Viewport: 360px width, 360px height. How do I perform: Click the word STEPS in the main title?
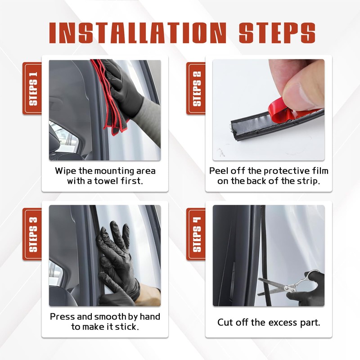click(277, 33)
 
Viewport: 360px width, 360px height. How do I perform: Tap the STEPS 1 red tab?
click(32, 88)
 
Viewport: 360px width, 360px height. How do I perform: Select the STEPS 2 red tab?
click(196, 88)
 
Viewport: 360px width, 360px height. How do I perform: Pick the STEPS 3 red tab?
click(32, 234)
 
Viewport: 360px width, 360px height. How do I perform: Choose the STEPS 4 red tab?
click(196, 234)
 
